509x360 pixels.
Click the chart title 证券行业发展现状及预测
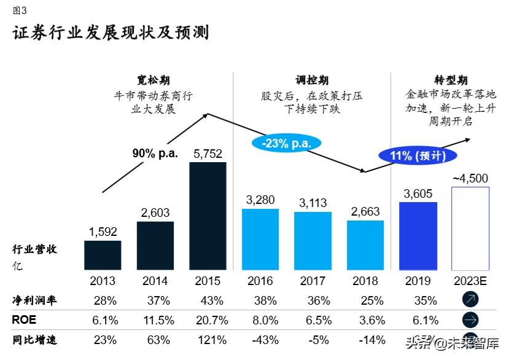point(111,33)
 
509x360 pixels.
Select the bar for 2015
point(208,216)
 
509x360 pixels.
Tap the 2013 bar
point(102,255)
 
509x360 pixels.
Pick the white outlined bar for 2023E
point(470,229)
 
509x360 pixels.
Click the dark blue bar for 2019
point(418,236)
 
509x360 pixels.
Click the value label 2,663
point(365,212)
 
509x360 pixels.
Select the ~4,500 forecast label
point(470,179)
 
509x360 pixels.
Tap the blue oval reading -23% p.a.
point(286,143)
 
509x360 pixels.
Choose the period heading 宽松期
point(153,80)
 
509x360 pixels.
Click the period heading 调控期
point(312,80)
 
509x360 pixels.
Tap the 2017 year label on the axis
point(313,281)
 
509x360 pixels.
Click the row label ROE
point(24,320)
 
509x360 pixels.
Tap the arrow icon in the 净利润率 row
point(470,300)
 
